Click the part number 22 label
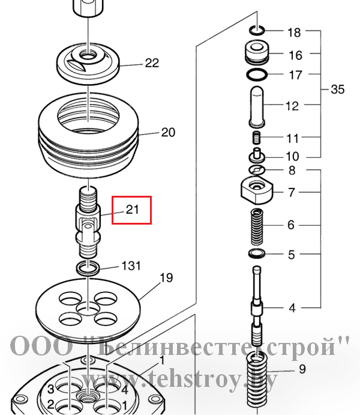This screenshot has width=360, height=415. click(152, 63)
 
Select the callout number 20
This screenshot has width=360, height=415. click(168, 132)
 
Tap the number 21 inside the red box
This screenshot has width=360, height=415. click(132, 210)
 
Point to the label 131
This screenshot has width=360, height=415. click(131, 265)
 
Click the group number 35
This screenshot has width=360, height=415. click(338, 89)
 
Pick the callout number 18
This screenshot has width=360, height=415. click(294, 32)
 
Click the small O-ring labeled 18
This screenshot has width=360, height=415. click(257, 30)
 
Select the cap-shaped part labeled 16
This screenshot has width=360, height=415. click(257, 52)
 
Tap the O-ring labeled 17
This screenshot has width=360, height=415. click(257, 74)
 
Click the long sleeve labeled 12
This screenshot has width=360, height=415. click(257, 106)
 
